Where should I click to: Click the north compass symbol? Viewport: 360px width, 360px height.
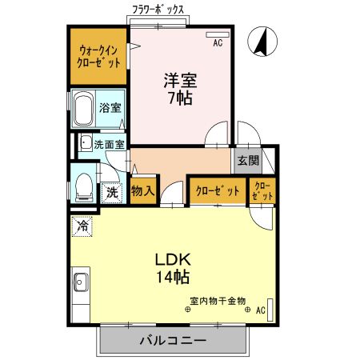pyautogui.click(x=262, y=42)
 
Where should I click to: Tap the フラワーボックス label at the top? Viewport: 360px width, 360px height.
pyautogui.click(x=158, y=10)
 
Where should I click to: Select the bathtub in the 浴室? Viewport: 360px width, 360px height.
pyautogui.click(x=83, y=109)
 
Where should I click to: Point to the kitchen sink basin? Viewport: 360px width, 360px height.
pyautogui.click(x=80, y=282)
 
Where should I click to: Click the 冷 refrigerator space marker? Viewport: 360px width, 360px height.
pyautogui.click(x=82, y=226)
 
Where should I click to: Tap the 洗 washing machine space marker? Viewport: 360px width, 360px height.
pyautogui.click(x=112, y=193)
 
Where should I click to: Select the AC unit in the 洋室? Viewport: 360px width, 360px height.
pyautogui.click(x=218, y=35)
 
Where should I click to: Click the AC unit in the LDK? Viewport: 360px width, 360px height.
pyautogui.click(x=270, y=310)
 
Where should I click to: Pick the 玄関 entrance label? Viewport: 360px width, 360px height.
pyautogui.click(x=248, y=161)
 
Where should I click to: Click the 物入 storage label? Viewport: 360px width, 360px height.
pyautogui.click(x=143, y=190)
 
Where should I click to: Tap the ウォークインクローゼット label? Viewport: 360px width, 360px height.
pyautogui.click(x=98, y=57)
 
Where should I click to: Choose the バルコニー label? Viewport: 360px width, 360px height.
pyautogui.click(x=173, y=341)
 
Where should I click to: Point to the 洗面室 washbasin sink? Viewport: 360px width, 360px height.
pyautogui.click(x=86, y=142)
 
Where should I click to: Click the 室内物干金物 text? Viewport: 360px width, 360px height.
pyautogui.click(x=218, y=301)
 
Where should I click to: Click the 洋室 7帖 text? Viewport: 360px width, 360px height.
pyautogui.click(x=180, y=89)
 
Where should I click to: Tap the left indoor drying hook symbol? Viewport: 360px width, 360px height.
pyautogui.click(x=188, y=310)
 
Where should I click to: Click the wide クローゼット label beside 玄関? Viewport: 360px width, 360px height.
pyautogui.click(x=218, y=191)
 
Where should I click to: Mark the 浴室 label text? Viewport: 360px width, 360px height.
pyautogui.click(x=110, y=108)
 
